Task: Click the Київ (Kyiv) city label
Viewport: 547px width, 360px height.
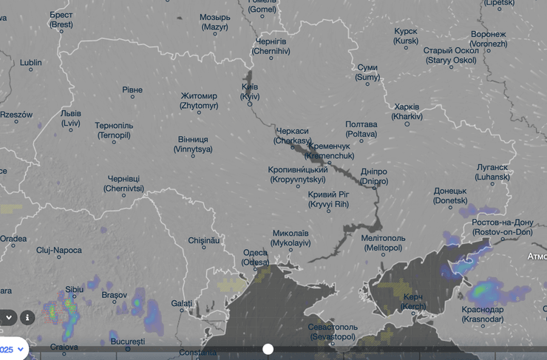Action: point(250,92)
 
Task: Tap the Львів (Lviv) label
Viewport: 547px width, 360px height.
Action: point(71,119)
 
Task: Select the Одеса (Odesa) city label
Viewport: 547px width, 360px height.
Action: point(256,257)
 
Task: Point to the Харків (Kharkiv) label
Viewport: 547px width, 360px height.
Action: point(407,112)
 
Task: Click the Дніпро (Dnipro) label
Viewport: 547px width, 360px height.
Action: point(373,176)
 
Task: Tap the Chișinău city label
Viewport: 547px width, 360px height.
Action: point(205,240)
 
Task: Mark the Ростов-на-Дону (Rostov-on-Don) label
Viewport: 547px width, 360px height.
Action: point(503,227)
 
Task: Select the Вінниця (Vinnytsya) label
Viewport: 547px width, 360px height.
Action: point(193,144)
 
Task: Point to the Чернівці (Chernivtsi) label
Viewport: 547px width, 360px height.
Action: point(124,184)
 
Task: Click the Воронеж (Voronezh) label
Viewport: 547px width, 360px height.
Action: point(489,39)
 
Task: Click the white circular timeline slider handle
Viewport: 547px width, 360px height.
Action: point(268,349)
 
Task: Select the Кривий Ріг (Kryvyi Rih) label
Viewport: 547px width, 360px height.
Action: point(327,199)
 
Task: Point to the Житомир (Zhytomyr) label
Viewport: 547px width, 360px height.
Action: point(200,101)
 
